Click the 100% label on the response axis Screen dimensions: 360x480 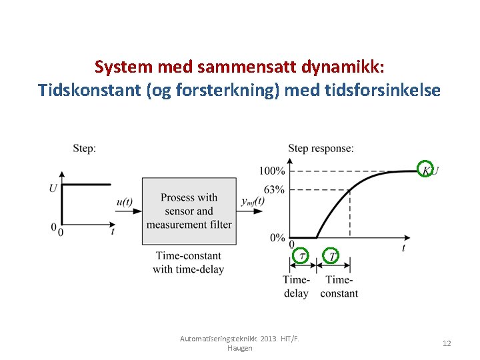(x=273, y=171)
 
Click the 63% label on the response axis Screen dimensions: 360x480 (x=274, y=190)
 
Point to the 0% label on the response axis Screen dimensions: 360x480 (x=277, y=238)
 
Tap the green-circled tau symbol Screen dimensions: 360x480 (x=302, y=255)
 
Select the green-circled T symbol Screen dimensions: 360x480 (x=331, y=255)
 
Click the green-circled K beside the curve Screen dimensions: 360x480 (x=425, y=170)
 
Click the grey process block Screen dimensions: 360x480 (x=189, y=211)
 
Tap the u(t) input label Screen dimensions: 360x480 (x=125, y=202)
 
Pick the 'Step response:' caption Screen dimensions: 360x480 (x=321, y=148)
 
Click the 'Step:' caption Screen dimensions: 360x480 (x=84, y=148)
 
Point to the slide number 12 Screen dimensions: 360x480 (x=447, y=343)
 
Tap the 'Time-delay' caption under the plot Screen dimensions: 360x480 (x=296, y=287)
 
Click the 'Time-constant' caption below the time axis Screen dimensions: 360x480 (x=339, y=287)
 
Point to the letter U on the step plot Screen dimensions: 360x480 (x=53, y=189)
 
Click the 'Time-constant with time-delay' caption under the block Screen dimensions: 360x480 (x=188, y=263)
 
